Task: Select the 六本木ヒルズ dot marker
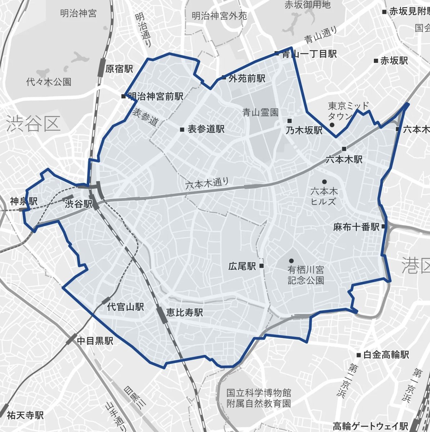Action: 324,181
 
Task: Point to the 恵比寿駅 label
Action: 184,312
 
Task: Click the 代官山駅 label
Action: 126,307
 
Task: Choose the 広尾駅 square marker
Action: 261,266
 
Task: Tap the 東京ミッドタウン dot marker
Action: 332,125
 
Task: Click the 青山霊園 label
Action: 260,113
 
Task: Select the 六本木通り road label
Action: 207,184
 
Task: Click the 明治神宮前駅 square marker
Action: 124,96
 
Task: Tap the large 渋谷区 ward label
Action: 33,124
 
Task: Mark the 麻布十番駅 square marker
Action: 384,227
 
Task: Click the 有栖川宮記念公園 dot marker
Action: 291,260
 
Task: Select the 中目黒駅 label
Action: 95,341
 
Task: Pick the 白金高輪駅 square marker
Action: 359,355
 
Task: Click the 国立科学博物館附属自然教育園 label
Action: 259,398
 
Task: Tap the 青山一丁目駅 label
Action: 309,54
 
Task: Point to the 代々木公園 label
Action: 49,82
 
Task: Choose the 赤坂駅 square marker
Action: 376,61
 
